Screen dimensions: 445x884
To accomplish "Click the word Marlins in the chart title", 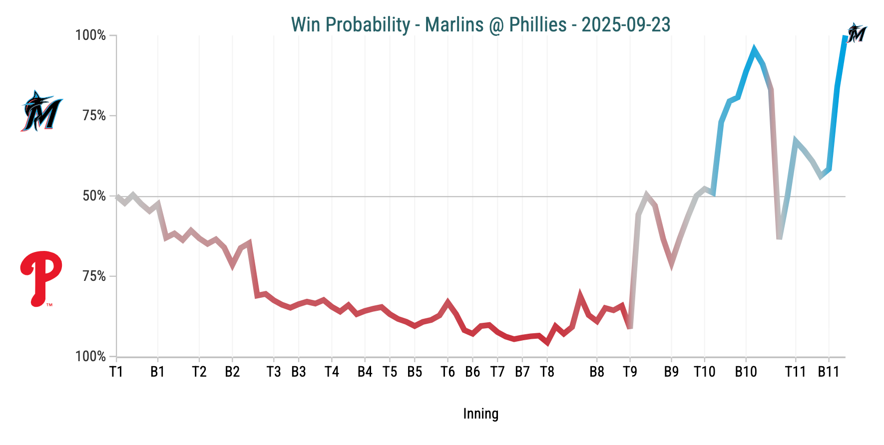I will point(454,24).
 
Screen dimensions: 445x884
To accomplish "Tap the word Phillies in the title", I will point(537,24).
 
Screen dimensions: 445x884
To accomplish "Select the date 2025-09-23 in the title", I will point(626,24).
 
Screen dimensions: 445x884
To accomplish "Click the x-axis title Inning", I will point(480,414).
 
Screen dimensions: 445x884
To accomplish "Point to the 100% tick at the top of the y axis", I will point(90,35).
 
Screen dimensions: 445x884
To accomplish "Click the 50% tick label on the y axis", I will point(94,196).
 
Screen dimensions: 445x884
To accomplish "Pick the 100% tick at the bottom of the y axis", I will point(90,357).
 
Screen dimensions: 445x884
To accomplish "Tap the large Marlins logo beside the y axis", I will point(41,111).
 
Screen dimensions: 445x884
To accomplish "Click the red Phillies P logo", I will point(41,278).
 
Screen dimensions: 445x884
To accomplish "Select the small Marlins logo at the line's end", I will point(857,33).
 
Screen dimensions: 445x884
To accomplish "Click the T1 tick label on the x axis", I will point(116,372).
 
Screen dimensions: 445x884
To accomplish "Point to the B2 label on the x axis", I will point(232,372).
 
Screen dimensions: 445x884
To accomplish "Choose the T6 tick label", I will point(447,372).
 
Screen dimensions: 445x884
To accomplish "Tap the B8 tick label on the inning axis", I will point(597,372).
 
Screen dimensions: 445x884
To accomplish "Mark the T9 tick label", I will point(630,372).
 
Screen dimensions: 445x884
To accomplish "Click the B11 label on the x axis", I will point(829,372).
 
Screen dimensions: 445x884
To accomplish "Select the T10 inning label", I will point(704,372).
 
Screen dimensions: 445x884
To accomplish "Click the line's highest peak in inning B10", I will point(754,49).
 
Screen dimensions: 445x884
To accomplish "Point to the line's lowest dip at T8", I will point(547,343).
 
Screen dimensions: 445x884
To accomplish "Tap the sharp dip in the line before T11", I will point(779,238).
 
